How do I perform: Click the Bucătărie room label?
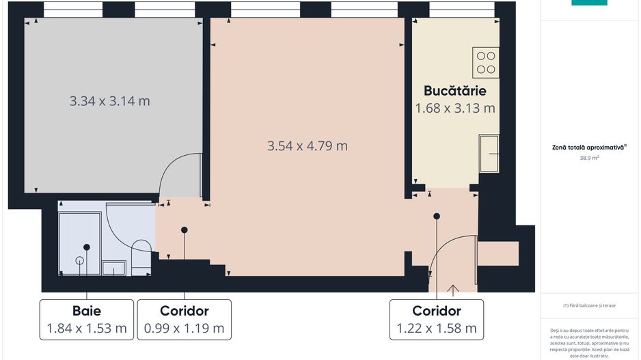pos(454,91)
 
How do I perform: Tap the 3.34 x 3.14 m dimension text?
pos(110,101)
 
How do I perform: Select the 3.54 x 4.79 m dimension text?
pos(308,146)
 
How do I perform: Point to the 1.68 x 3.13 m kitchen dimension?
pos(455,108)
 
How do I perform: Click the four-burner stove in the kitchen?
pos(486,62)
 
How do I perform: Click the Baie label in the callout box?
pos(87,311)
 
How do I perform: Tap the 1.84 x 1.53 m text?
pos(87,328)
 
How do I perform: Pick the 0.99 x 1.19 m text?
pos(184,328)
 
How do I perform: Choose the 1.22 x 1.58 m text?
pos(437,328)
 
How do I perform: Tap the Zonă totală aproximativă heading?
pos(588,147)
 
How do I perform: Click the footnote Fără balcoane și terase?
pos(588,305)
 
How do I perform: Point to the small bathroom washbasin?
pos(113,268)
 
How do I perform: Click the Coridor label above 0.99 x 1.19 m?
pos(184,311)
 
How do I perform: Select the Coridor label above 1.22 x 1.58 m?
pos(437,311)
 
